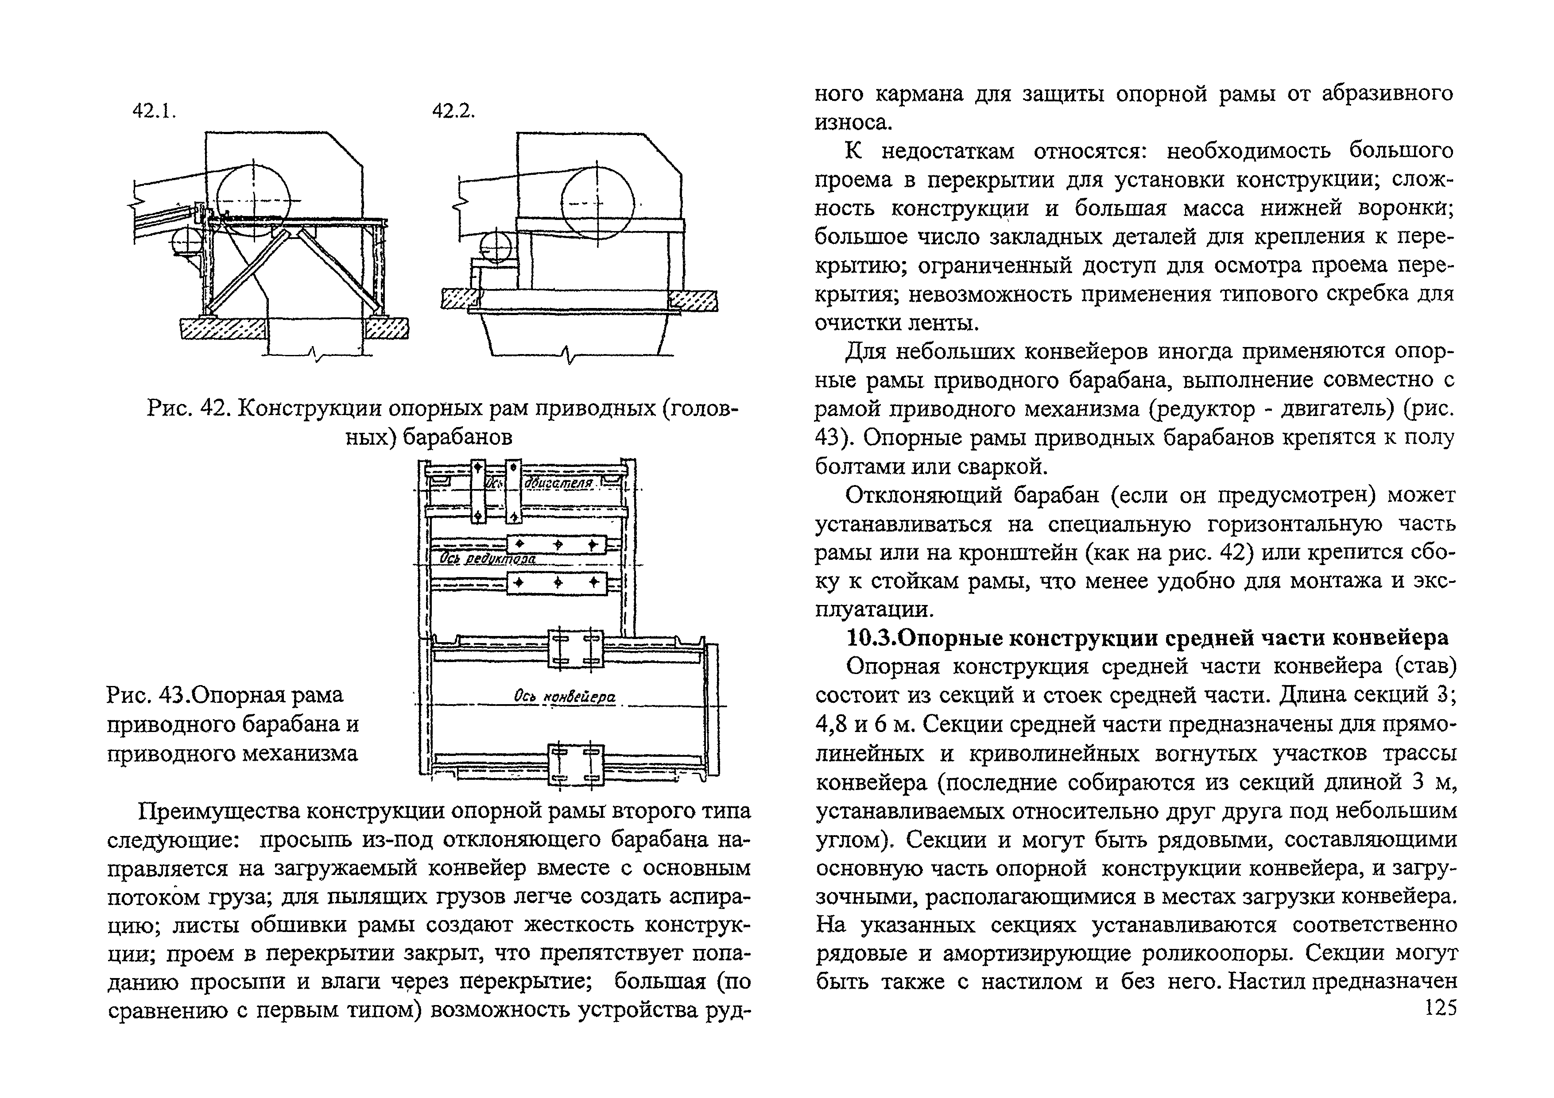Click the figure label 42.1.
tap(154, 111)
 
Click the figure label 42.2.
tap(453, 111)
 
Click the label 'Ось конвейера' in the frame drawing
tap(565, 697)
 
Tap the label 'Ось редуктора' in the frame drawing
tap(487, 559)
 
